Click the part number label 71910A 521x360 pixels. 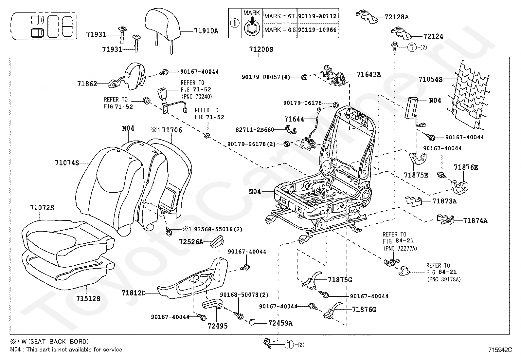(206, 31)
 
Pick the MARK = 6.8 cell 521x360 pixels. (280, 30)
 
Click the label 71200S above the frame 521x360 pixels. (261, 50)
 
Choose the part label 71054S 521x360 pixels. (430, 79)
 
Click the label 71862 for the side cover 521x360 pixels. (87, 84)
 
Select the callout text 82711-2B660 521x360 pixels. (255, 130)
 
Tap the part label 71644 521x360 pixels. (294, 119)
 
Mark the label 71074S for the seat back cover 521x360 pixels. (67, 162)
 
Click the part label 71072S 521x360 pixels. (42, 208)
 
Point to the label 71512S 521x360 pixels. (88, 298)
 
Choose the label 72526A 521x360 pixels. (191, 242)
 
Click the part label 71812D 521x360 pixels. (133, 293)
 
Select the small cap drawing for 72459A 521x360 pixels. (253, 322)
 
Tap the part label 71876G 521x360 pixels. (364, 309)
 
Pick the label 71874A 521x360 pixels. (475, 221)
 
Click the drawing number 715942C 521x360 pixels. (500, 350)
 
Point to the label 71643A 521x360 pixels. (369, 75)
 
